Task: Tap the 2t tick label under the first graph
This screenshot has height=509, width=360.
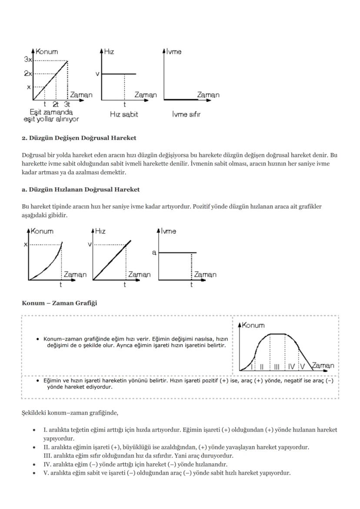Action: tap(56, 104)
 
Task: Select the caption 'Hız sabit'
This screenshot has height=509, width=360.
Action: tap(123, 115)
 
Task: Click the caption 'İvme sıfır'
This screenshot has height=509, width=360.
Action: tap(186, 115)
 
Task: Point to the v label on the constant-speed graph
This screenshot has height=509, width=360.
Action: tap(97, 74)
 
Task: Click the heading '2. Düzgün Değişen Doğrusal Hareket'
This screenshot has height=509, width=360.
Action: tap(79, 138)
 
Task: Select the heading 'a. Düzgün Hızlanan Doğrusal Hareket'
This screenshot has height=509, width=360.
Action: tap(80, 190)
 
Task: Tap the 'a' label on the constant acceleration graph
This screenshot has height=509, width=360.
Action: tap(154, 253)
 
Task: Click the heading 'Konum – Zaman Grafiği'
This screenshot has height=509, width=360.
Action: tap(59, 303)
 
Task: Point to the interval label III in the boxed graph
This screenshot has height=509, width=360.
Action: tap(277, 366)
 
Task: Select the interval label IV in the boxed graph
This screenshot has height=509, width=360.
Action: tap(291, 366)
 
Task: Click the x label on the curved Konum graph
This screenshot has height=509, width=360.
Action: tap(25, 245)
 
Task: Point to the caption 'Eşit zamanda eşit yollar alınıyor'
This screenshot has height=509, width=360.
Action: tap(51, 115)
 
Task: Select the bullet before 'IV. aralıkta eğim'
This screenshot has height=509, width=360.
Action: tap(34, 464)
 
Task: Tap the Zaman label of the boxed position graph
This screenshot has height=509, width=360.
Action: tap(323, 366)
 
